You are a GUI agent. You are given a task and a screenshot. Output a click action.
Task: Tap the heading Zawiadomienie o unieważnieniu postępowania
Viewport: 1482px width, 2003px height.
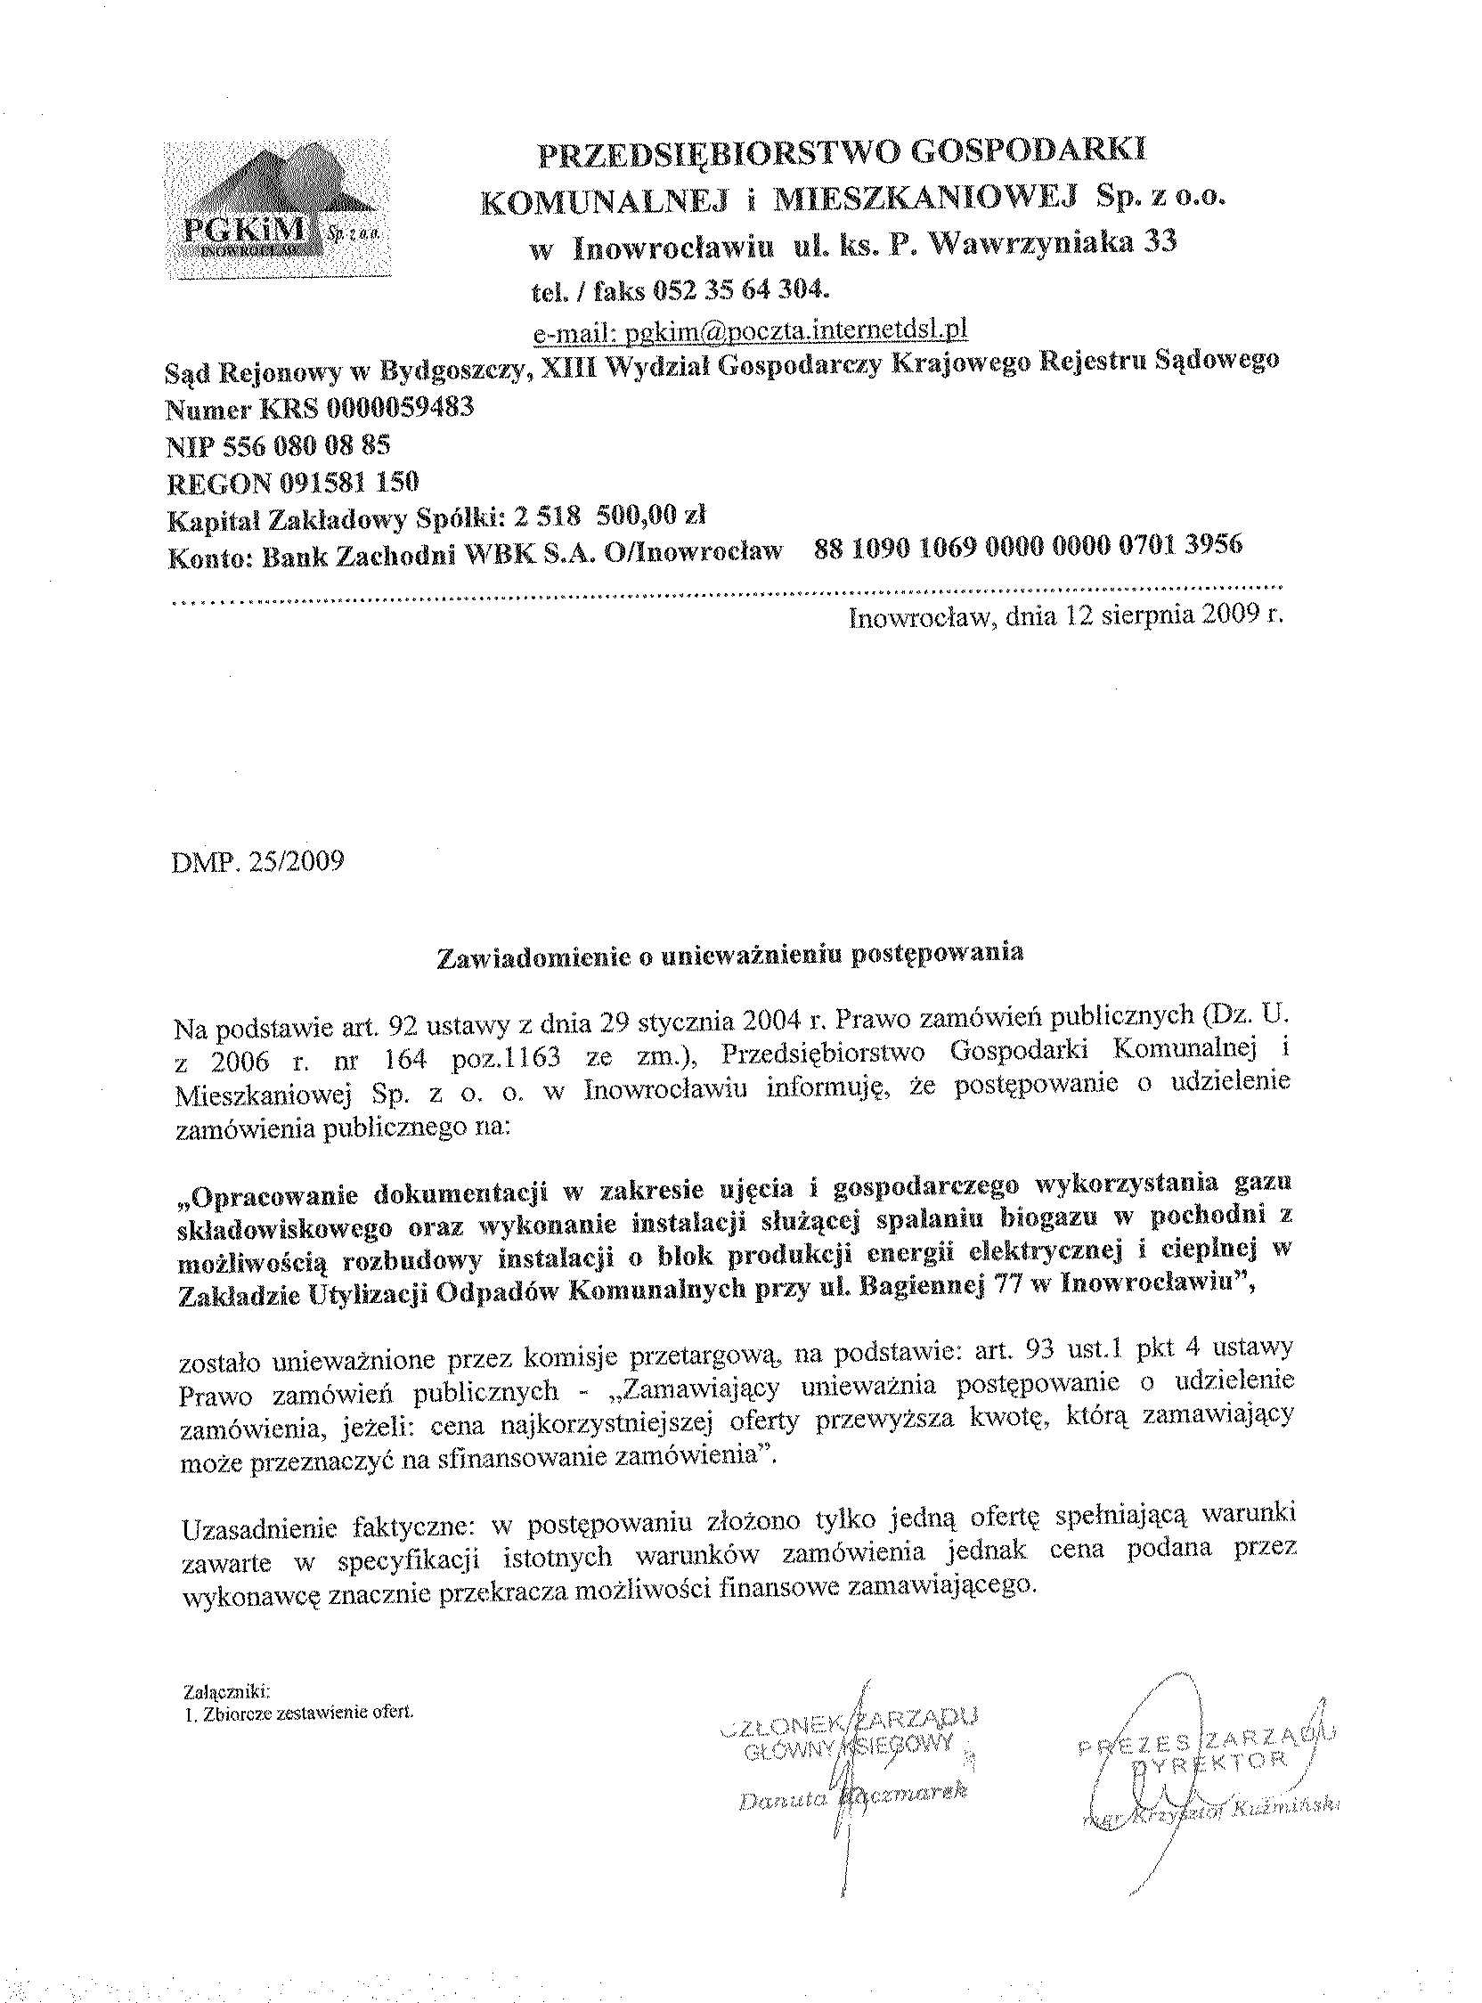729,956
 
